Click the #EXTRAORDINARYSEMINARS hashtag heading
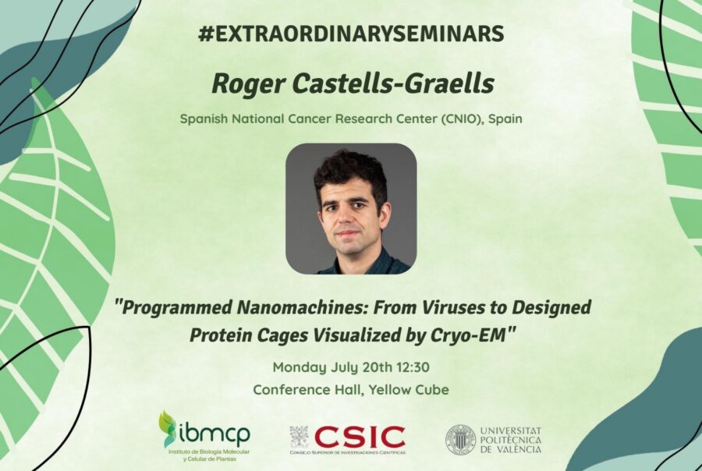(x=351, y=34)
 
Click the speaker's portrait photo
(x=351, y=209)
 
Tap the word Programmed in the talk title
(x=174, y=307)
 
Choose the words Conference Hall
(x=307, y=390)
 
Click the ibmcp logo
(x=205, y=436)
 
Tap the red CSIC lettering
(x=360, y=437)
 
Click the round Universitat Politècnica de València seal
(x=460, y=440)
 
